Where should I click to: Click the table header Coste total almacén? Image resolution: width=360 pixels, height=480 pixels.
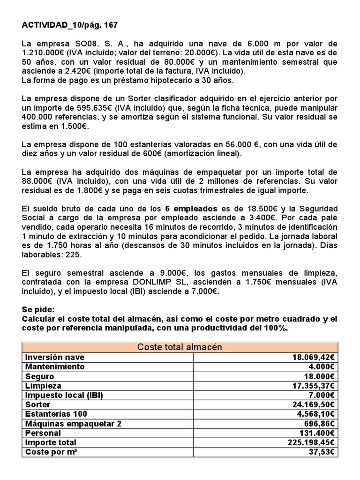(180, 347)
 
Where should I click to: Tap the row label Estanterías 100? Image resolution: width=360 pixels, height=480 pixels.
(56, 414)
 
